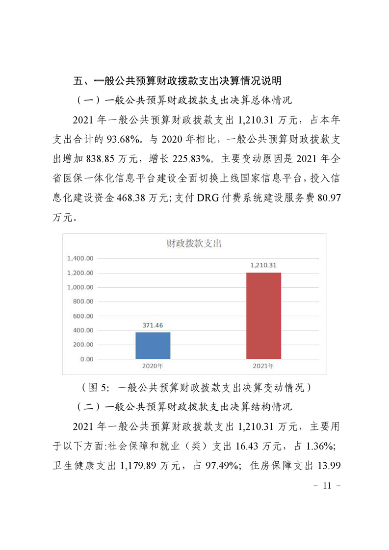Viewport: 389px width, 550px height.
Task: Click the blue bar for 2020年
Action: click(153, 346)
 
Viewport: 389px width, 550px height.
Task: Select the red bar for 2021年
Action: click(263, 316)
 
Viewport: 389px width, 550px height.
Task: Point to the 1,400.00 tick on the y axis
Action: click(80, 258)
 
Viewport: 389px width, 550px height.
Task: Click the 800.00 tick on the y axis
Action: click(83, 301)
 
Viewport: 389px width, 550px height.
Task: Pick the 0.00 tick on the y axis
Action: click(86, 359)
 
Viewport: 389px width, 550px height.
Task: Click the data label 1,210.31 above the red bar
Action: click(263, 265)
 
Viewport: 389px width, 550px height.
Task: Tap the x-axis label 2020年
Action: click(153, 366)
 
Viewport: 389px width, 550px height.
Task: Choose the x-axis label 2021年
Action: click(263, 366)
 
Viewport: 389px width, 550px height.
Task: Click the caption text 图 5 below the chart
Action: click(99, 387)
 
